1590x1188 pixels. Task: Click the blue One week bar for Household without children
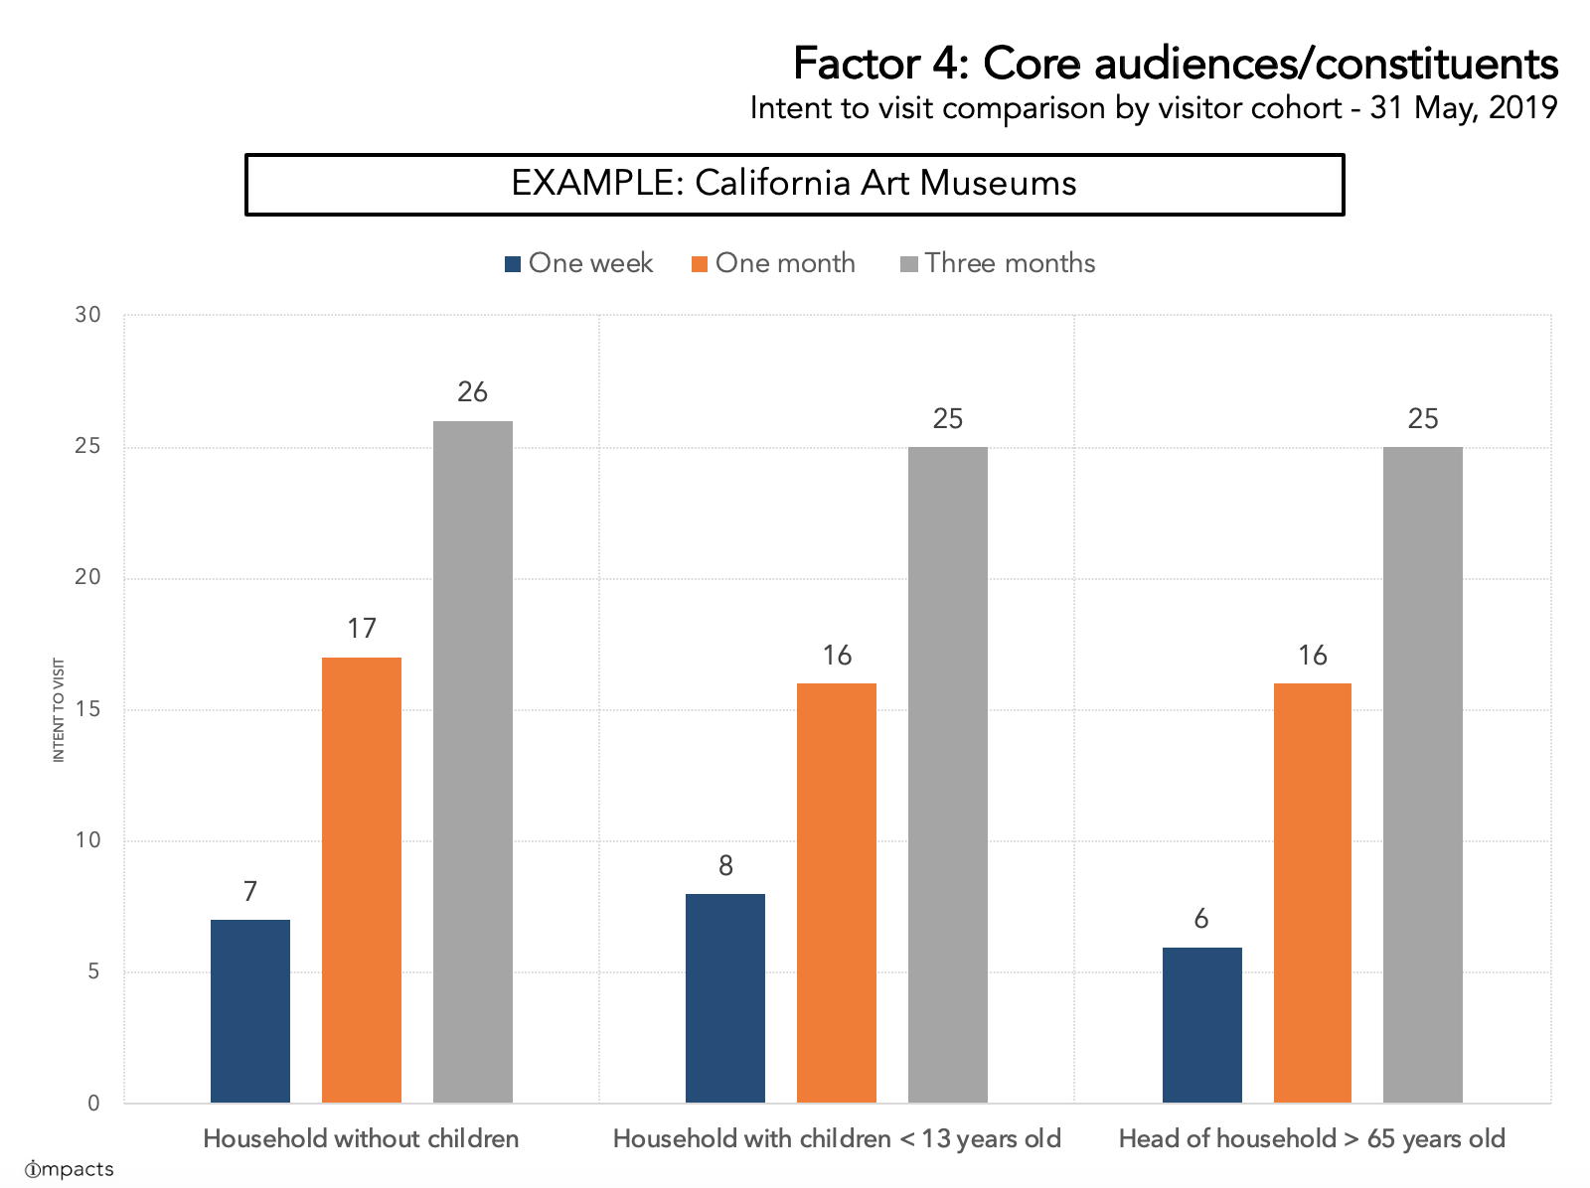click(x=250, y=1010)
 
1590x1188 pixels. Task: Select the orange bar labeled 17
click(x=362, y=879)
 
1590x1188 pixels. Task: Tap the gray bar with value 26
click(x=473, y=761)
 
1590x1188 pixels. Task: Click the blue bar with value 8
click(x=725, y=997)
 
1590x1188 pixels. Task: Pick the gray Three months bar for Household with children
click(x=948, y=774)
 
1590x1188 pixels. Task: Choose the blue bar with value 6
click(x=1201, y=1024)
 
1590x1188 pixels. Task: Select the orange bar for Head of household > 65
click(x=1312, y=892)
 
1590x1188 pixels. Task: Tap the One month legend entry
click(x=773, y=263)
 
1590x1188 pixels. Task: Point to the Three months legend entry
click(x=998, y=263)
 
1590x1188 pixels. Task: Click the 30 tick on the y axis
click(x=88, y=316)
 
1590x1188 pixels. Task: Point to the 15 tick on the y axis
click(x=88, y=709)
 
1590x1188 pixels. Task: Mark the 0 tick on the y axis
click(x=93, y=1103)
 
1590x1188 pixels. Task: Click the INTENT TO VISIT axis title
click(x=59, y=709)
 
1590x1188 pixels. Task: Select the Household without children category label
click(x=361, y=1138)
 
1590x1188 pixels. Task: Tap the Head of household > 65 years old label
click(x=1312, y=1138)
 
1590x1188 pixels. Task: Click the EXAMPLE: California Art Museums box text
click(x=793, y=184)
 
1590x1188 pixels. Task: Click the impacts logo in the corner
click(x=69, y=1169)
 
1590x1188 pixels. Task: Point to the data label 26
click(x=473, y=392)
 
